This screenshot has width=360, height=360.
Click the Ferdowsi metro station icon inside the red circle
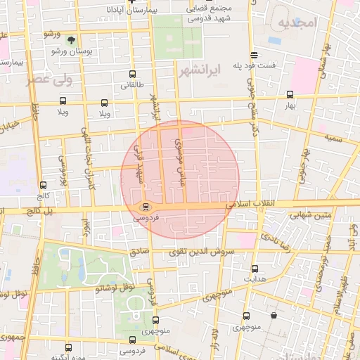[x=146, y=207]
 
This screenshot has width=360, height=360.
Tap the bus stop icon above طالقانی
[x=134, y=73]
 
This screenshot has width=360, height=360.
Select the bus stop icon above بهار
[x=290, y=94]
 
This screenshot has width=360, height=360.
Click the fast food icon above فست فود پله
[x=253, y=55]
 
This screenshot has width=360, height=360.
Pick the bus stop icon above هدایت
[x=255, y=268]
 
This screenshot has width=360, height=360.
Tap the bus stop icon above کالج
[x=44, y=186]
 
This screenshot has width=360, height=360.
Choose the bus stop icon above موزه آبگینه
[x=68, y=347]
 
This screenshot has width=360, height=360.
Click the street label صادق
[x=139, y=250]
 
